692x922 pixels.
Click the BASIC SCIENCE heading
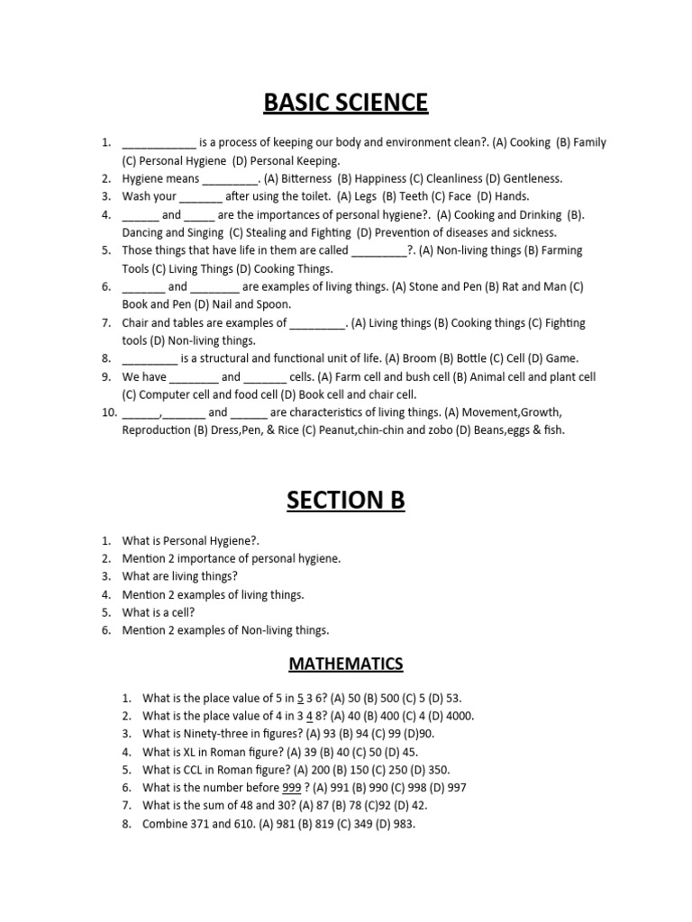(346, 103)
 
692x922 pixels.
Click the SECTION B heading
(346, 500)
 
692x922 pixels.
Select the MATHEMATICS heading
(346, 664)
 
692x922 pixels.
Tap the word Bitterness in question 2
(306, 178)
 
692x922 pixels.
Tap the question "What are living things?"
(180, 576)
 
